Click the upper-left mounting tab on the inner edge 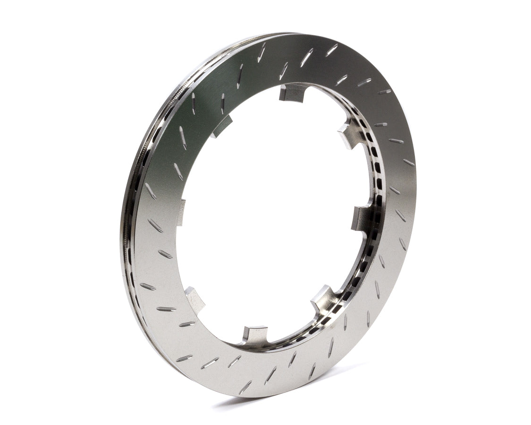[222, 127]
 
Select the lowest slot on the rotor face [245, 387]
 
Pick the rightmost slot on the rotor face [409, 162]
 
